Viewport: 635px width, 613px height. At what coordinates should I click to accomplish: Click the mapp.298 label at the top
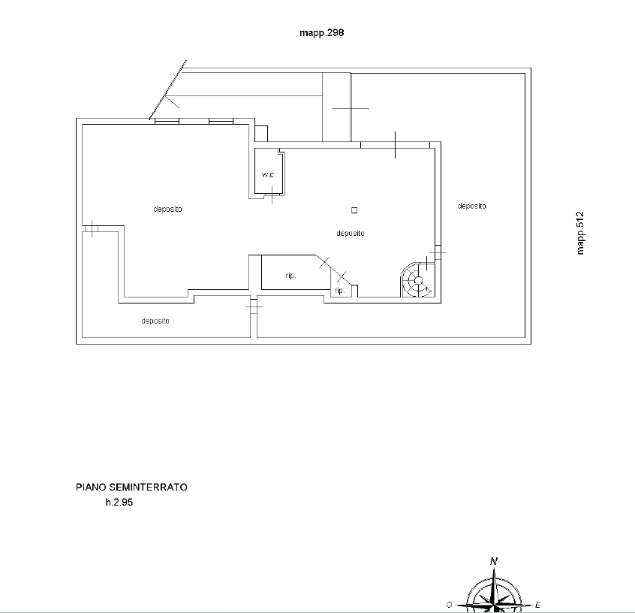click(x=321, y=33)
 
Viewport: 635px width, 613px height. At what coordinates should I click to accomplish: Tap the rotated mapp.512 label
click(x=580, y=233)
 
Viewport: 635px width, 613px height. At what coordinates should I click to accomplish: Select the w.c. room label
click(x=269, y=175)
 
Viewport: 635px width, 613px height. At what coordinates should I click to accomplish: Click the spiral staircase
click(x=417, y=279)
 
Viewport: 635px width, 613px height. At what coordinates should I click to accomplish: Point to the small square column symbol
click(x=354, y=210)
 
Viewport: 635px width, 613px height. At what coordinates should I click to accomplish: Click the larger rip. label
click(x=290, y=276)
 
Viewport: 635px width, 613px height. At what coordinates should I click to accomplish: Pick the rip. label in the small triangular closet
click(x=339, y=291)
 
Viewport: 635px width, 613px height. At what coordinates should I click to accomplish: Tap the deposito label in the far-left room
click(x=167, y=209)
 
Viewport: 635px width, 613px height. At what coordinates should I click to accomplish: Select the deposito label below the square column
click(x=351, y=233)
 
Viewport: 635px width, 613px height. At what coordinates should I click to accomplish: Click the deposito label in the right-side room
click(x=471, y=206)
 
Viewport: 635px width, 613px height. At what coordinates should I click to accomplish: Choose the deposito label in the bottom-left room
click(x=155, y=321)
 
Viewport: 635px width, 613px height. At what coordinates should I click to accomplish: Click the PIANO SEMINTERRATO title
click(x=131, y=487)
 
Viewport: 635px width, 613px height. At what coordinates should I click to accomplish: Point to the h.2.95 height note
click(x=119, y=503)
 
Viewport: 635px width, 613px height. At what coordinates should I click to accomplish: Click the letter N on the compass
click(x=494, y=561)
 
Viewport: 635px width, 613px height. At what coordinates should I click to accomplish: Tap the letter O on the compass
click(x=449, y=605)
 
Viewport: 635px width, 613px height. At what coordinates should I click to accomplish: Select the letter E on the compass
click(x=538, y=605)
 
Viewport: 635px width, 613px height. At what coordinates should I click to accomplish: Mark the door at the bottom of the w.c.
click(x=272, y=195)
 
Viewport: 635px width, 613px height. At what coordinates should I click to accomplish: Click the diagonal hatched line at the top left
click(x=167, y=90)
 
